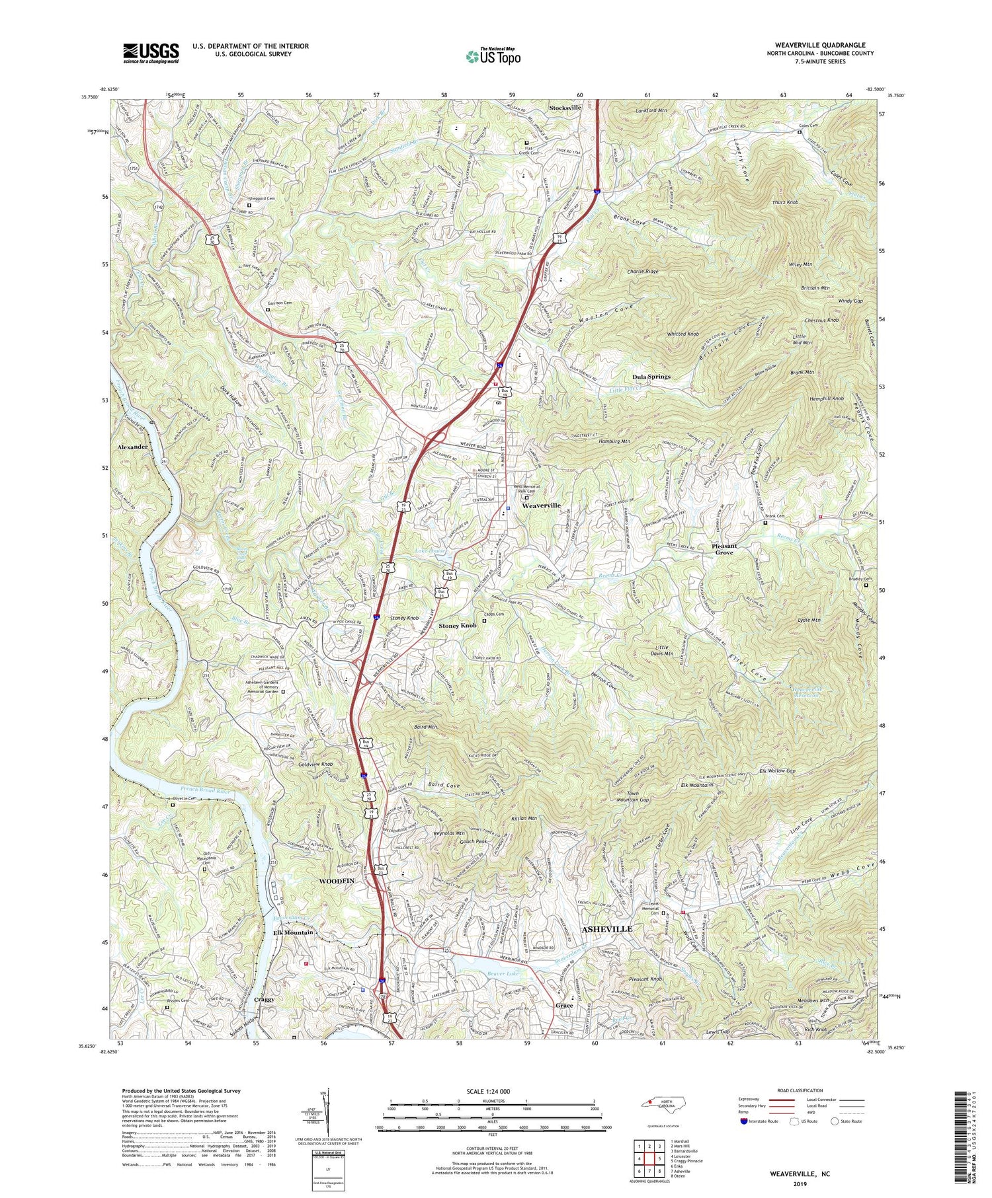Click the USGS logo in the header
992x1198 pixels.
coord(151,53)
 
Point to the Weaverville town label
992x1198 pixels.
coord(541,505)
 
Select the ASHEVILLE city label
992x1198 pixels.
coord(606,928)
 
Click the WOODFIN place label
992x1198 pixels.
coord(337,881)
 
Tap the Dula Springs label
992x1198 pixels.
coord(651,377)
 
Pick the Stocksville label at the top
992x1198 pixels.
coord(565,107)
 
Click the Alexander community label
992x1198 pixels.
coord(132,447)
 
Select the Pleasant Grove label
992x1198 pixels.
coord(723,549)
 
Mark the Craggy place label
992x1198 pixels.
coord(266,1018)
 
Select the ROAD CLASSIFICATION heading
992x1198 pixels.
coord(800,1090)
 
